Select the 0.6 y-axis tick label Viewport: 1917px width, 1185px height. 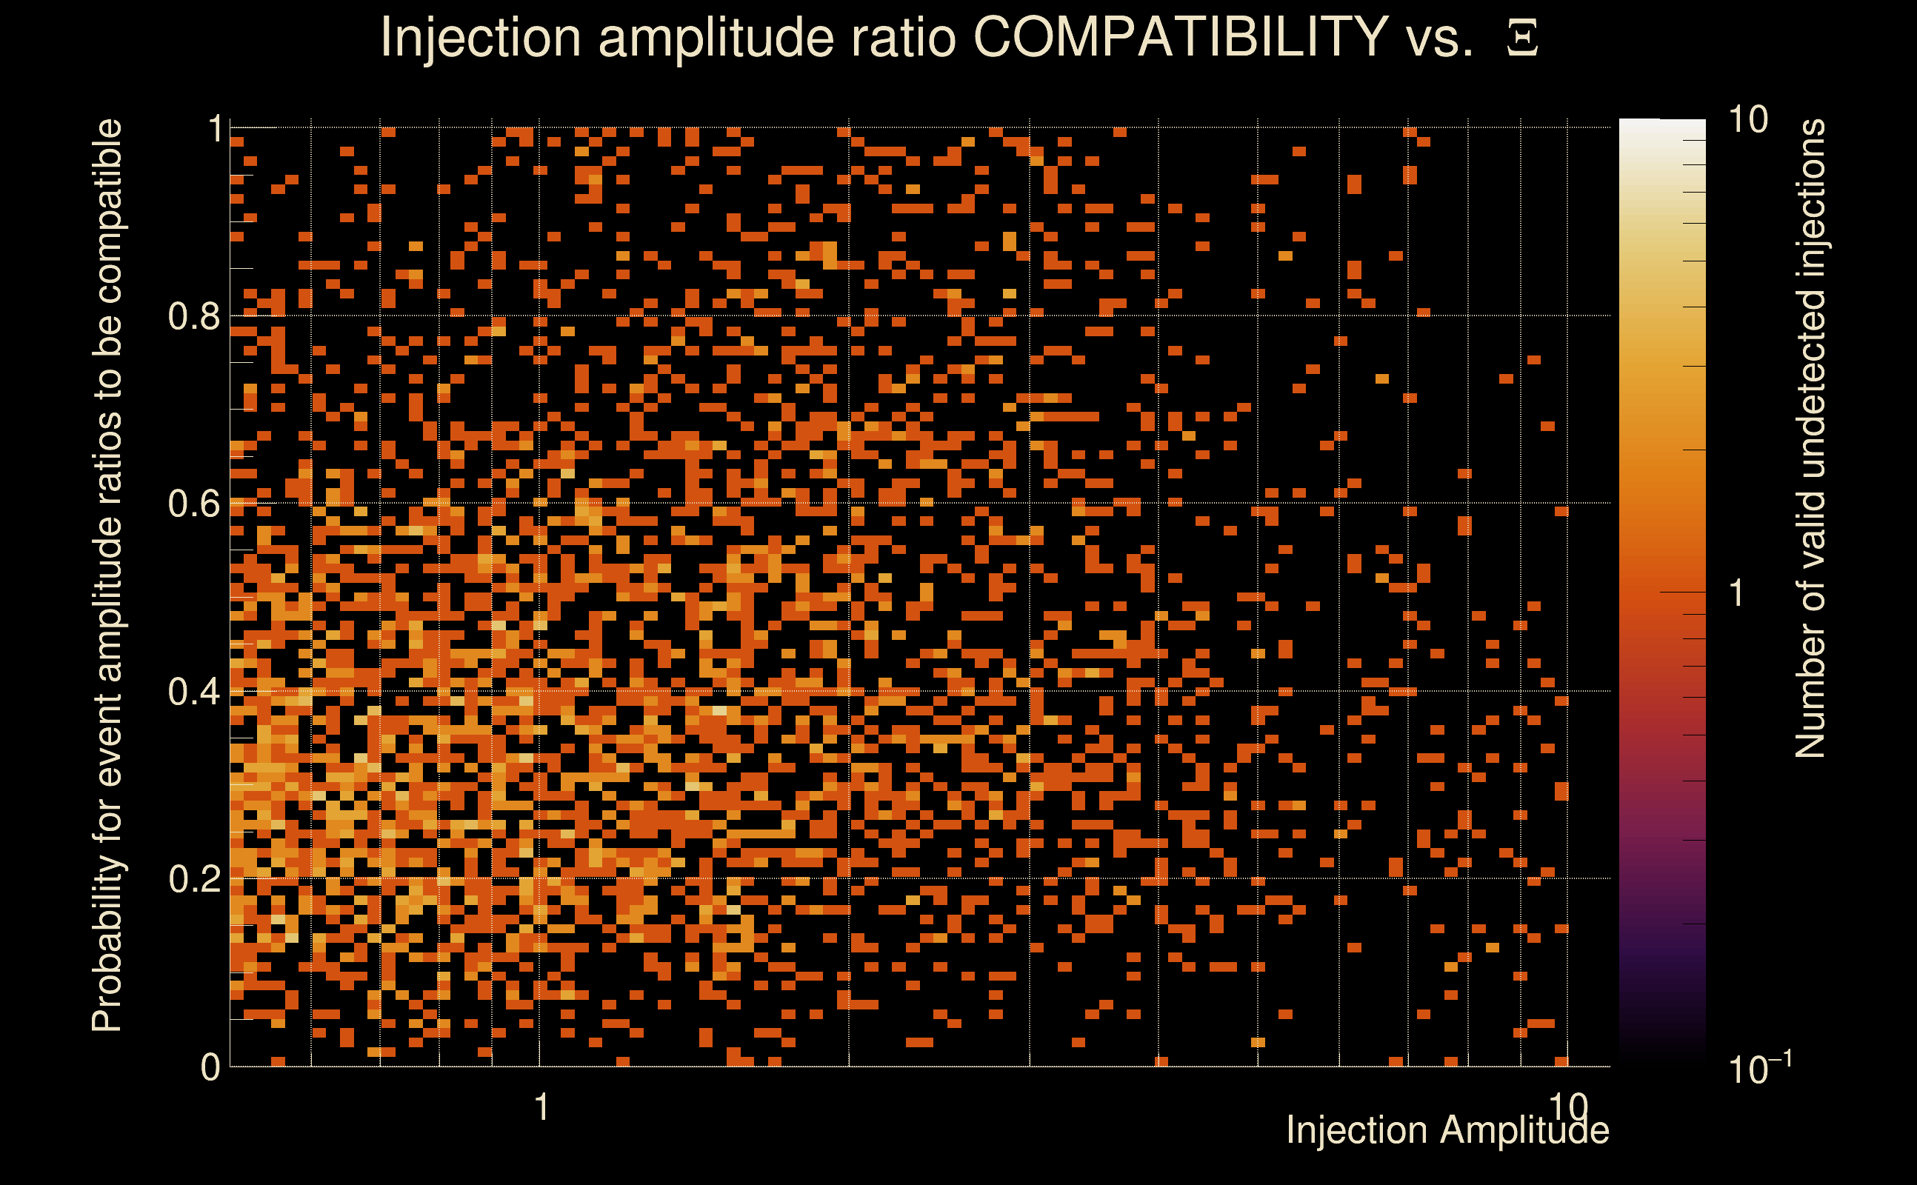pyautogui.click(x=193, y=503)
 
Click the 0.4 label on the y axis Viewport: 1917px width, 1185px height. pyautogui.click(x=193, y=691)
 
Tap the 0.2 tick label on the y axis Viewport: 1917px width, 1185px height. pyautogui.click(x=193, y=878)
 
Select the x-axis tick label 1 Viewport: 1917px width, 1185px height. pyautogui.click(x=541, y=1107)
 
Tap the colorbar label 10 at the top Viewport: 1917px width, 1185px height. pyautogui.click(x=1747, y=120)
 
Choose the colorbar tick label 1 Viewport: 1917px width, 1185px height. pyautogui.click(x=1737, y=593)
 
